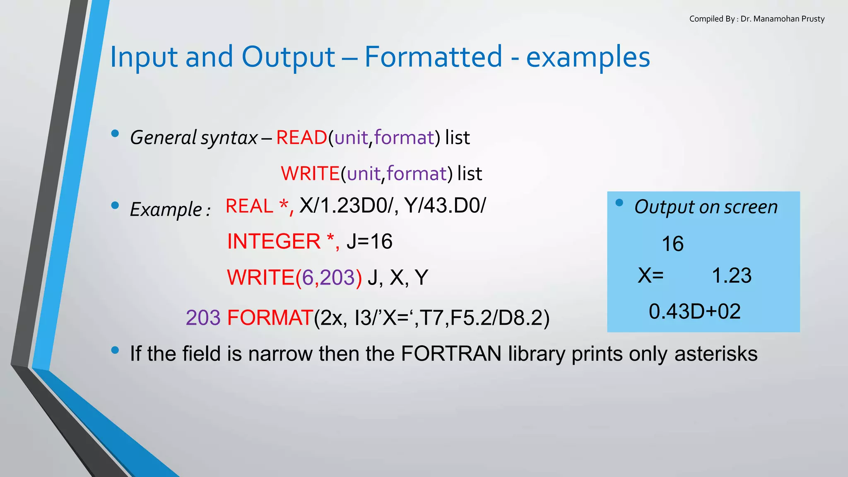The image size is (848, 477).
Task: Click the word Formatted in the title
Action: pos(433,57)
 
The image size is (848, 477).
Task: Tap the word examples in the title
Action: pos(588,57)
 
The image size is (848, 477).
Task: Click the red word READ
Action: pos(301,137)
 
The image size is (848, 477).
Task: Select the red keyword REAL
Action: pos(250,206)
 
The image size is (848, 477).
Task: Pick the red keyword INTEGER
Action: pos(274,241)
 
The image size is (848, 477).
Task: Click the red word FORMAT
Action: pos(270,318)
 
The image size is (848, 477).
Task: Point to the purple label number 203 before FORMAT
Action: pos(203,318)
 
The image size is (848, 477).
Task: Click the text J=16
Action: pos(369,241)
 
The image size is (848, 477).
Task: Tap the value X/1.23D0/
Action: pos(346,205)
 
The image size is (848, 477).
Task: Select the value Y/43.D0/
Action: pos(445,205)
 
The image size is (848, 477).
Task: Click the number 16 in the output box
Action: pos(672,243)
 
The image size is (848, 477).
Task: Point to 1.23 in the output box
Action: pos(731,275)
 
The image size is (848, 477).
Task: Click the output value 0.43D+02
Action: pos(694,311)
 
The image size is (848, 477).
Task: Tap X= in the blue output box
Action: pos(650,275)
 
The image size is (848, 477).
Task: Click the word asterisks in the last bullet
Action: pos(715,354)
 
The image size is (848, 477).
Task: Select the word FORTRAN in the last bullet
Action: pos(451,354)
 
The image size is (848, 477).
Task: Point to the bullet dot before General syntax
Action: pos(115,133)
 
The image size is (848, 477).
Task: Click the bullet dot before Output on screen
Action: pos(619,202)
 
